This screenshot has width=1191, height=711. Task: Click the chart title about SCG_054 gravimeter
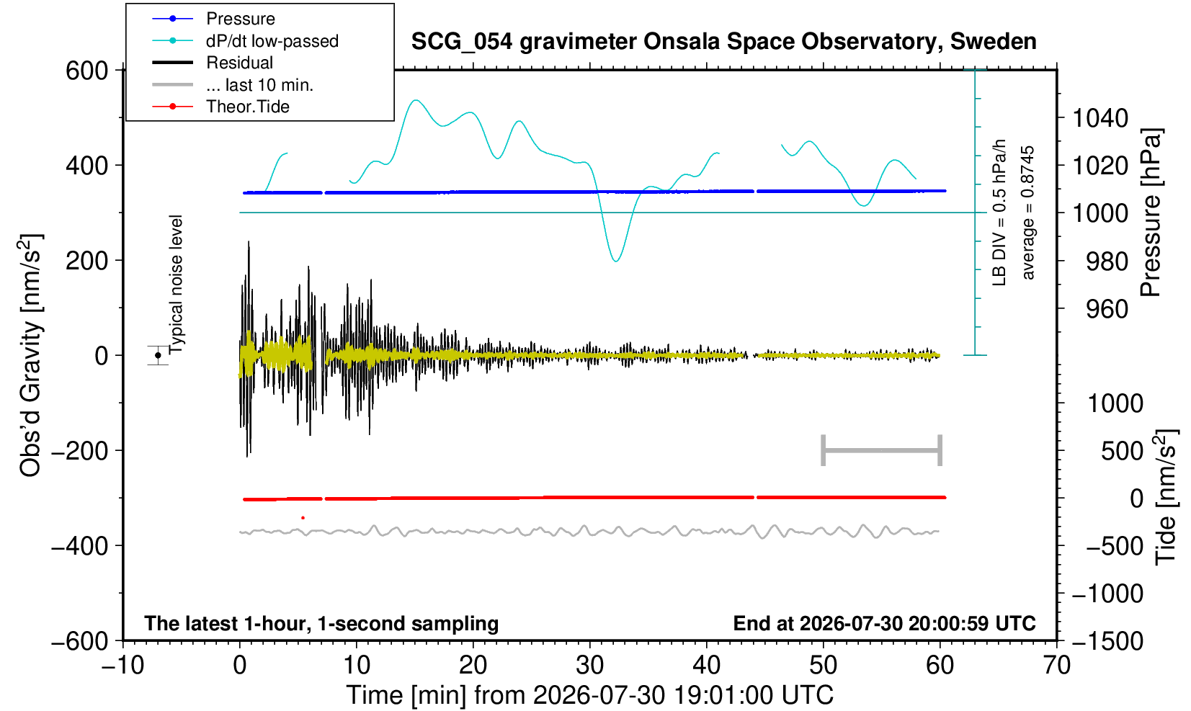coord(723,42)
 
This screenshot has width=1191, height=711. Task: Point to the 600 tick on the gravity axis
coord(86,71)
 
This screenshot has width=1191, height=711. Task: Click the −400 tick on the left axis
coord(80,545)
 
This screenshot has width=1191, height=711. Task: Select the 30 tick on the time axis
coord(589,666)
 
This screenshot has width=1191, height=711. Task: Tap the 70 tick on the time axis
coord(1056,666)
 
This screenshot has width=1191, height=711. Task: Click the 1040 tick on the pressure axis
coord(1100,118)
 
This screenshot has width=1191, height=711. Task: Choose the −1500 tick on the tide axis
coord(1107,641)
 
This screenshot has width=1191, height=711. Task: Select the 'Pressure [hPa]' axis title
coord(1151,213)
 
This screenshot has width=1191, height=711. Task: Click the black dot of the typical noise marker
coord(158,355)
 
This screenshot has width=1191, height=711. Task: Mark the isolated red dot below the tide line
coord(303,517)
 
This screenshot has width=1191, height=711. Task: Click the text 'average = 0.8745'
coord(1028,213)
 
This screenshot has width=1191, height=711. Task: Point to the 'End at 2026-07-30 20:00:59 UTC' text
coord(884,623)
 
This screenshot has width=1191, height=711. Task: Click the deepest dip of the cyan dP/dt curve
coord(616,261)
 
